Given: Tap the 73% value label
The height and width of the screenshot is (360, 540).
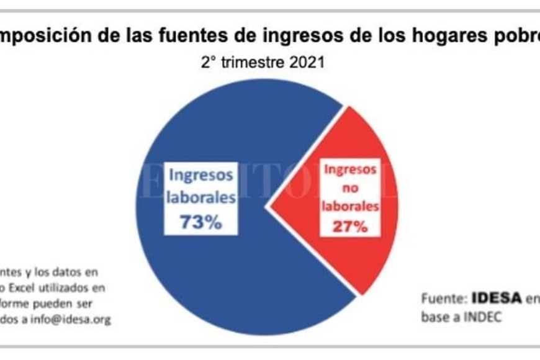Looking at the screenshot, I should point(200,222).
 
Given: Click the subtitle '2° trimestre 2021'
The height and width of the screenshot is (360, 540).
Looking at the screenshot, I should point(263,63).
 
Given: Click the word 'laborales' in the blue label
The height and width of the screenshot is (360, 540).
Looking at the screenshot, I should point(200,198).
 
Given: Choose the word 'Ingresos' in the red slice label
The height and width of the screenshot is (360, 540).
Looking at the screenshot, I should point(350,168).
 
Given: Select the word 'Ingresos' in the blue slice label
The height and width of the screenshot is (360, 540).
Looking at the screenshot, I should point(200,174).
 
